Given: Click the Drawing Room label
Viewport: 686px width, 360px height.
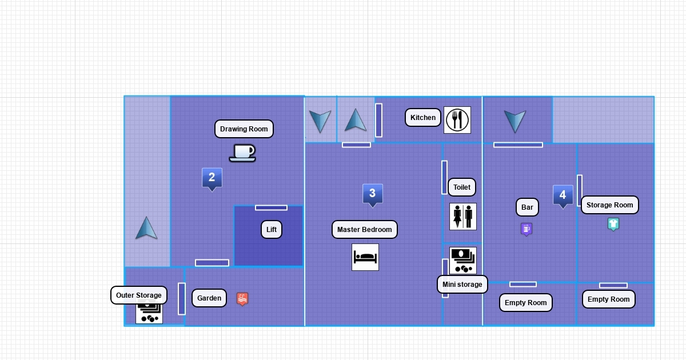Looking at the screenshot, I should click(244, 129).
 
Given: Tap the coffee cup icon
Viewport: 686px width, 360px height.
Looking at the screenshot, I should click(242, 153).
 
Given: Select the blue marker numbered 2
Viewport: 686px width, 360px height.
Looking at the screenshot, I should click(212, 178).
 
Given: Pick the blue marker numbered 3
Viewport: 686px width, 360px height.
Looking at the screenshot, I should click(372, 194).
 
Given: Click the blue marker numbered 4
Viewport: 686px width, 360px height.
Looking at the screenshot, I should click(563, 195).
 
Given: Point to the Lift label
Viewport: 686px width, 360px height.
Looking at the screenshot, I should click(272, 230).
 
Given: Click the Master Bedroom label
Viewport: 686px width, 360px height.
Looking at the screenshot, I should click(365, 230).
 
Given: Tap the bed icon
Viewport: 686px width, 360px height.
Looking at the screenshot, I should click(365, 257).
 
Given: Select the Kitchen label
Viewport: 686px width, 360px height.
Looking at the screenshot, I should click(423, 118).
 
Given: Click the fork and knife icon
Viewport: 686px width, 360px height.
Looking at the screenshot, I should click(457, 120).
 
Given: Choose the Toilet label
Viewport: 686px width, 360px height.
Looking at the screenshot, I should click(462, 187).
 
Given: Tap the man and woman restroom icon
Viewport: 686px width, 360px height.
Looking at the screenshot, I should click(463, 217).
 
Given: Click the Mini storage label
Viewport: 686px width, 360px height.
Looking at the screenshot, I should click(462, 284).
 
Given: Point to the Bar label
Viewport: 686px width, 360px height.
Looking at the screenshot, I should click(527, 207).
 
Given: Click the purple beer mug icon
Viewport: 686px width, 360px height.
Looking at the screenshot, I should click(527, 229).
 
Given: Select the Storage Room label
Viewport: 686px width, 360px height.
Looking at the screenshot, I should click(610, 205).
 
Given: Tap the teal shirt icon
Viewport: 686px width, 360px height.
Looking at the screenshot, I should click(613, 224).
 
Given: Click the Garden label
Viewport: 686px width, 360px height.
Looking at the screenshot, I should click(209, 298).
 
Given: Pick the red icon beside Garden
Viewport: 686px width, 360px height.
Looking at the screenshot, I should click(242, 299).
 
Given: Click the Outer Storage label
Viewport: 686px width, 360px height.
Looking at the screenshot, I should click(139, 295).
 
